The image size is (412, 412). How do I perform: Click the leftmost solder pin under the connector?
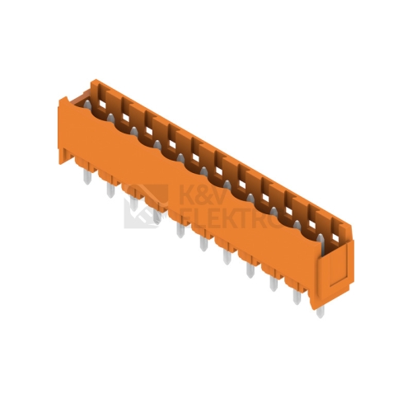pos(87,176)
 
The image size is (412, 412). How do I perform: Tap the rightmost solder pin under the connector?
pos(321,311)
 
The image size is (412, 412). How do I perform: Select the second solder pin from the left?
pos(110,190)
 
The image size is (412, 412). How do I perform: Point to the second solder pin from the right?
pos(297,297)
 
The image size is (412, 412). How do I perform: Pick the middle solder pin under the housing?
pos(204,243)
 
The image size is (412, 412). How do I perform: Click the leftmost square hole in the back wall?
pos(102,105)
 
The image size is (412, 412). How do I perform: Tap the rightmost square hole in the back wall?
pos(335,237)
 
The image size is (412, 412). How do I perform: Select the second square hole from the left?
pos(125,118)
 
